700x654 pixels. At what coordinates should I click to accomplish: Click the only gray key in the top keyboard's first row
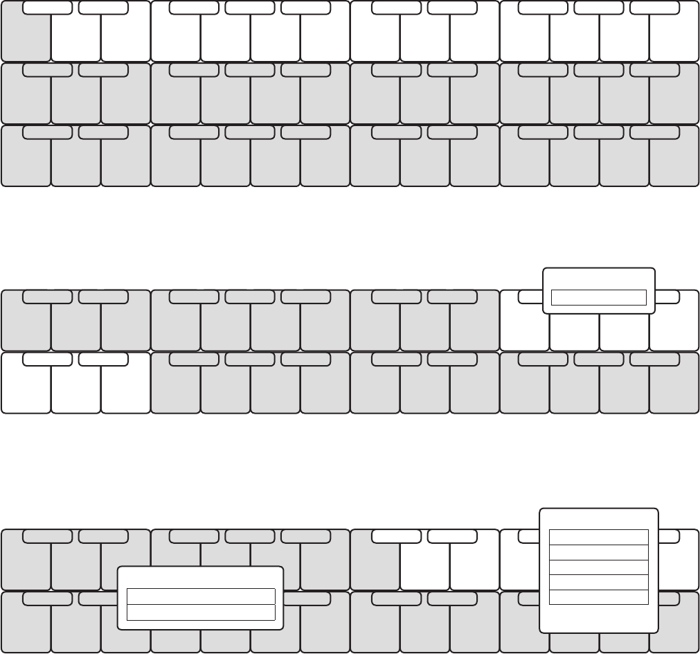tap(26, 38)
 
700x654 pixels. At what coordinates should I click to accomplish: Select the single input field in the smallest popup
tap(598, 298)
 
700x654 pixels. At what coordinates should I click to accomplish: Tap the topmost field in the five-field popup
tap(598, 537)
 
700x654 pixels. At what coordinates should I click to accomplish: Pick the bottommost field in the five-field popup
tap(598, 597)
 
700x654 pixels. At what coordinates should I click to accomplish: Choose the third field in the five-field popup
tap(598, 567)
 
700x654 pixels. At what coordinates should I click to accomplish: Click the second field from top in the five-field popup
tap(598, 552)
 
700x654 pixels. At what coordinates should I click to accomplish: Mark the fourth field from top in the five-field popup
tap(598, 582)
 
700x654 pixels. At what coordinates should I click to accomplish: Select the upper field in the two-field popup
tap(201, 596)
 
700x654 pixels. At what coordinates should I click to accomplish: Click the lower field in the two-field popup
tap(201, 612)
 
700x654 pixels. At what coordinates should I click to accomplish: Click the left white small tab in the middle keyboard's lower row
tap(47, 360)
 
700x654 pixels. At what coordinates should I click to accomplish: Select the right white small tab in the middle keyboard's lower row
tap(103, 360)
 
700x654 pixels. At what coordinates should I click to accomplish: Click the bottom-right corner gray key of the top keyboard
tap(674, 166)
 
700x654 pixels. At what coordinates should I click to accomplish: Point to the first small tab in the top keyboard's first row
tap(47, 8)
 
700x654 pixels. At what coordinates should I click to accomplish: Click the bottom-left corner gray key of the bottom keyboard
tap(26, 627)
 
